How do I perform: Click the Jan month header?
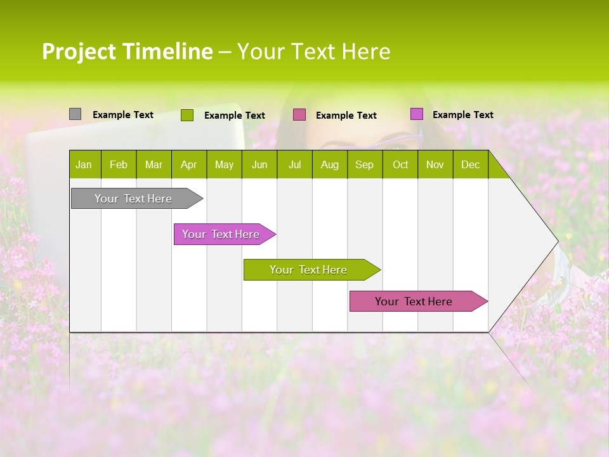pyautogui.click(x=84, y=164)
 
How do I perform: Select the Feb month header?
pyautogui.click(x=119, y=164)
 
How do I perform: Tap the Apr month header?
pyautogui.click(x=188, y=164)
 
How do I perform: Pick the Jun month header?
pyautogui.click(x=259, y=164)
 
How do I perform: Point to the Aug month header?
pyautogui.click(x=329, y=164)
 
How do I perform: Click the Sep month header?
pyautogui.click(x=364, y=164)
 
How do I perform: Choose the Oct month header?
pyautogui.click(x=400, y=164)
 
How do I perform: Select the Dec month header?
pyautogui.click(x=470, y=164)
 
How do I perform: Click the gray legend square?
pyautogui.click(x=75, y=114)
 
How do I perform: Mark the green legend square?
pyautogui.click(x=187, y=115)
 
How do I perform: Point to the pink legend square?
pyautogui.click(x=299, y=115)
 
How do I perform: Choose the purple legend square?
pyautogui.click(x=416, y=114)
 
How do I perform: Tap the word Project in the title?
pyautogui.click(x=79, y=51)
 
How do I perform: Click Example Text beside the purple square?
pyautogui.click(x=462, y=115)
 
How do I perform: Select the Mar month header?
pyautogui.click(x=154, y=164)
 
